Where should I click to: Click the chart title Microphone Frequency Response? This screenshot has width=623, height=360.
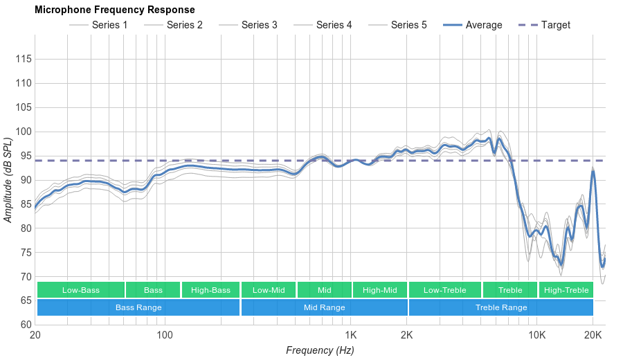(115, 10)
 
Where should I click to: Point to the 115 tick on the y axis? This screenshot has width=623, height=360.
(24, 60)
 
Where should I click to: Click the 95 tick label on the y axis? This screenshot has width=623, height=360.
(24, 156)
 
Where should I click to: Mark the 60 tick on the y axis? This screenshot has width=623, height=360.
(24, 325)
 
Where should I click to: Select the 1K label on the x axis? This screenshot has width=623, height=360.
(350, 336)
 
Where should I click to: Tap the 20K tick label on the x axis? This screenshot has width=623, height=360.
(593, 336)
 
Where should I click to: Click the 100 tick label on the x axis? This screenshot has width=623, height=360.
(164, 336)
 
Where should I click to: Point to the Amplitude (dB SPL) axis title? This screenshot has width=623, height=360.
(8, 180)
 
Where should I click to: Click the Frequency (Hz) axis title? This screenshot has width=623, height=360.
(320, 350)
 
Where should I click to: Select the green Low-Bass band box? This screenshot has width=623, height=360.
(81, 290)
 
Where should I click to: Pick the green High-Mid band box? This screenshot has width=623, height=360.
(380, 290)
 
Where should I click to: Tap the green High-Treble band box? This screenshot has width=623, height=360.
(566, 290)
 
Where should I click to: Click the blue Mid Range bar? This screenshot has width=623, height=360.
(324, 307)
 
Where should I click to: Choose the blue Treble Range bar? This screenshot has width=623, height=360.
(501, 307)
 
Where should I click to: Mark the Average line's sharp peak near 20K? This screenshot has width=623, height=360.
(593, 170)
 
